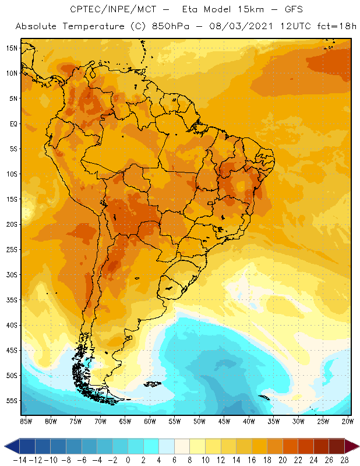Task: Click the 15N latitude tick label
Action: [x=12, y=48]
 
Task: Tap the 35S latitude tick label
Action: [x=12, y=300]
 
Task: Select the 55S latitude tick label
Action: [x=12, y=401]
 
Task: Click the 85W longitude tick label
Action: [x=26, y=421]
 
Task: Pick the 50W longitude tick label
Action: [x=200, y=421]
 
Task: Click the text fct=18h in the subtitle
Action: [x=336, y=26]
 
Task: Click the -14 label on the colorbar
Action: [x=20, y=460]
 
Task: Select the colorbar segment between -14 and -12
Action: [x=27, y=446]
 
